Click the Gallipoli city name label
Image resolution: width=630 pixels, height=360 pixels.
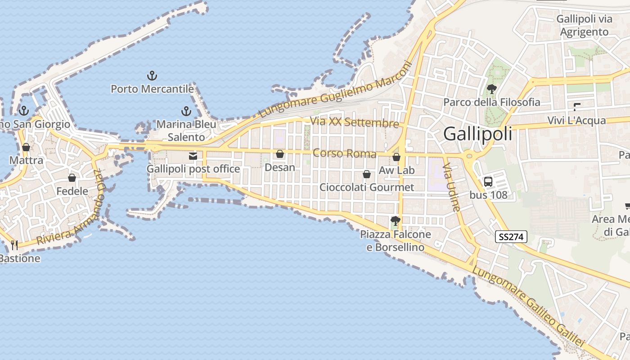coord(477,134)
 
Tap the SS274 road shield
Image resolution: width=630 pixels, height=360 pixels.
coord(511,237)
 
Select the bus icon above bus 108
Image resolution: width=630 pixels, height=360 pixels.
coord(488,182)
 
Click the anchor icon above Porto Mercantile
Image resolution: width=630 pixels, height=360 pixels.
coord(152,76)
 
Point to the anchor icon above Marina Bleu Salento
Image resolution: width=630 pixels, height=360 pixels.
coord(186,111)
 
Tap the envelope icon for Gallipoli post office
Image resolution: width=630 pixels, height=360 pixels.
coord(193,156)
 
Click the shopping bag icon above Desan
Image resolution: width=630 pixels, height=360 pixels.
coord(280,154)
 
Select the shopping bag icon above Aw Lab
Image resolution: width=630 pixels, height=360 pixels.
coord(396,157)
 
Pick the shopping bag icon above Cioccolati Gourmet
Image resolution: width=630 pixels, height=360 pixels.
coord(367,174)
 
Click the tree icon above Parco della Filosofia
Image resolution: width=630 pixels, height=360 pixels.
coord(491,89)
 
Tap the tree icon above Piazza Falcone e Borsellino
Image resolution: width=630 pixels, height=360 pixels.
coord(396,221)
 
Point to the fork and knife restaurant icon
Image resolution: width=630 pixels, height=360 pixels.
coord(14,245)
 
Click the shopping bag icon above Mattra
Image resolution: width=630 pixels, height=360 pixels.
coord(26,147)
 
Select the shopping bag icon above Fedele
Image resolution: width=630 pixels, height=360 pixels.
coord(72,178)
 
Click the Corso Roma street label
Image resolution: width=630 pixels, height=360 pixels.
coord(344,153)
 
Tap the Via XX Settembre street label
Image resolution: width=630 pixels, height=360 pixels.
coord(354,122)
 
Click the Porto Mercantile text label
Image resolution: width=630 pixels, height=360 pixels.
coord(152,89)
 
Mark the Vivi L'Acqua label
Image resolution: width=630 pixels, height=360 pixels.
coord(576,121)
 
